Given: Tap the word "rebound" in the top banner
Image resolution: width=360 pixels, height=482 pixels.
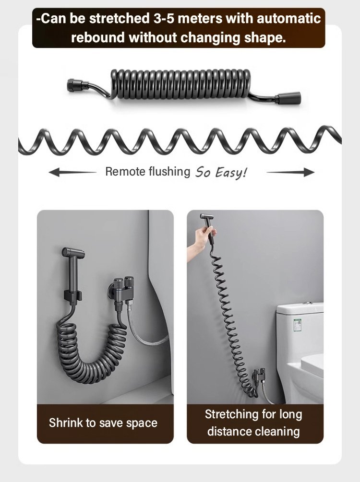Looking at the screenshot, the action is (x=98, y=38).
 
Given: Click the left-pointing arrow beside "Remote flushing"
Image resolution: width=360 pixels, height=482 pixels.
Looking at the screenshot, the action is (x=72, y=172).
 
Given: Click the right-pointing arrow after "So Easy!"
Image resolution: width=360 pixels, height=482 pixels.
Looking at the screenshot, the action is (x=290, y=172).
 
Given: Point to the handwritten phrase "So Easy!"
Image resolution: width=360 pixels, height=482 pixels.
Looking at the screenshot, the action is (x=221, y=173).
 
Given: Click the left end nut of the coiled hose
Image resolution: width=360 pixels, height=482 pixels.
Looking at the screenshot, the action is (x=74, y=84).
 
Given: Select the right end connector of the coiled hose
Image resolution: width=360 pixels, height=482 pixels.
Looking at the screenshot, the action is (x=289, y=97).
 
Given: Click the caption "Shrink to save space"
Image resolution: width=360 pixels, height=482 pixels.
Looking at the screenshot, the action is (x=103, y=423).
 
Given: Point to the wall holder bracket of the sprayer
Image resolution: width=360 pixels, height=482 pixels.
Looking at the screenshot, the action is (x=73, y=295).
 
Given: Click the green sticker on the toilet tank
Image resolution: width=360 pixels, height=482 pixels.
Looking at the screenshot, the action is (x=297, y=324).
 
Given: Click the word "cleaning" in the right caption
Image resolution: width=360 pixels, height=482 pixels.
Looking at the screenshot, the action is (x=277, y=432).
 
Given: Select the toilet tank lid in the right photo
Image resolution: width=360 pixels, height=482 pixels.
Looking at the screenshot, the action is (x=300, y=307).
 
